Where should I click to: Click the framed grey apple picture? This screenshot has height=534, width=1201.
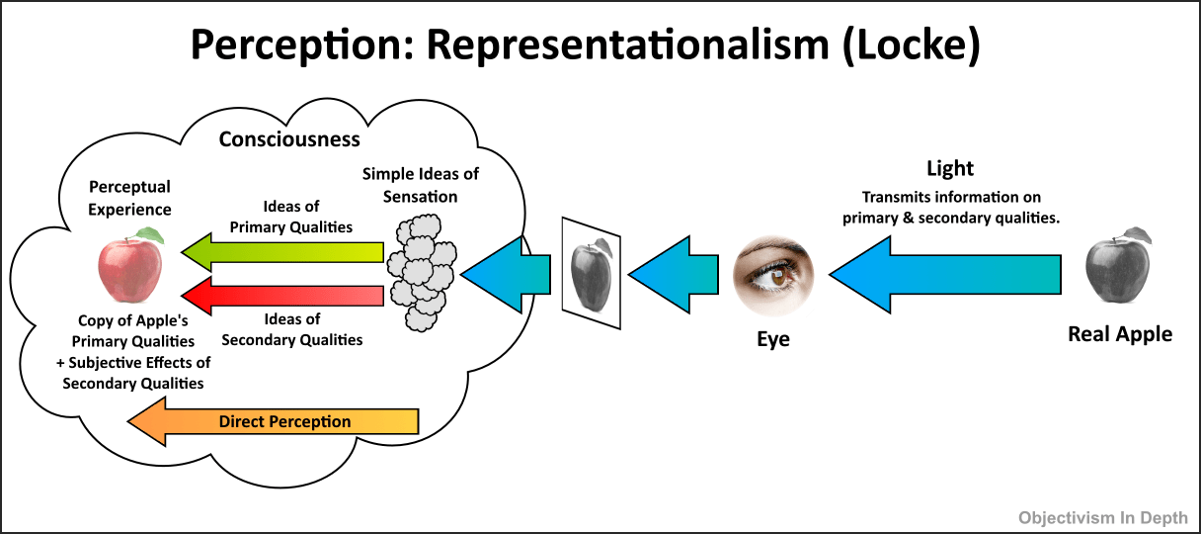[x=592, y=268]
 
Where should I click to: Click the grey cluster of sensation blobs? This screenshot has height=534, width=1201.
[x=421, y=272]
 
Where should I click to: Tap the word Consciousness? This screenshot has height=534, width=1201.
[x=289, y=138]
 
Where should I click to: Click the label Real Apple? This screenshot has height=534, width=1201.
[x=1120, y=334]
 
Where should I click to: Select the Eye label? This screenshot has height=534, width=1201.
[x=773, y=339]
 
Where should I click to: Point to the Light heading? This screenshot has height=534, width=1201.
[x=950, y=168]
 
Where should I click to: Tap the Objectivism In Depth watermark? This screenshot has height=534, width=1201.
[x=1103, y=516]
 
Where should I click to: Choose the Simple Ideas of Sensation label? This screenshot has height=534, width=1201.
[x=421, y=185]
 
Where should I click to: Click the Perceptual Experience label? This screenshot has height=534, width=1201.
[x=129, y=198]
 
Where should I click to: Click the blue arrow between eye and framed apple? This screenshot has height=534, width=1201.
[x=676, y=272]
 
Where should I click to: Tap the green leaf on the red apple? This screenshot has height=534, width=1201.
[x=150, y=234]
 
